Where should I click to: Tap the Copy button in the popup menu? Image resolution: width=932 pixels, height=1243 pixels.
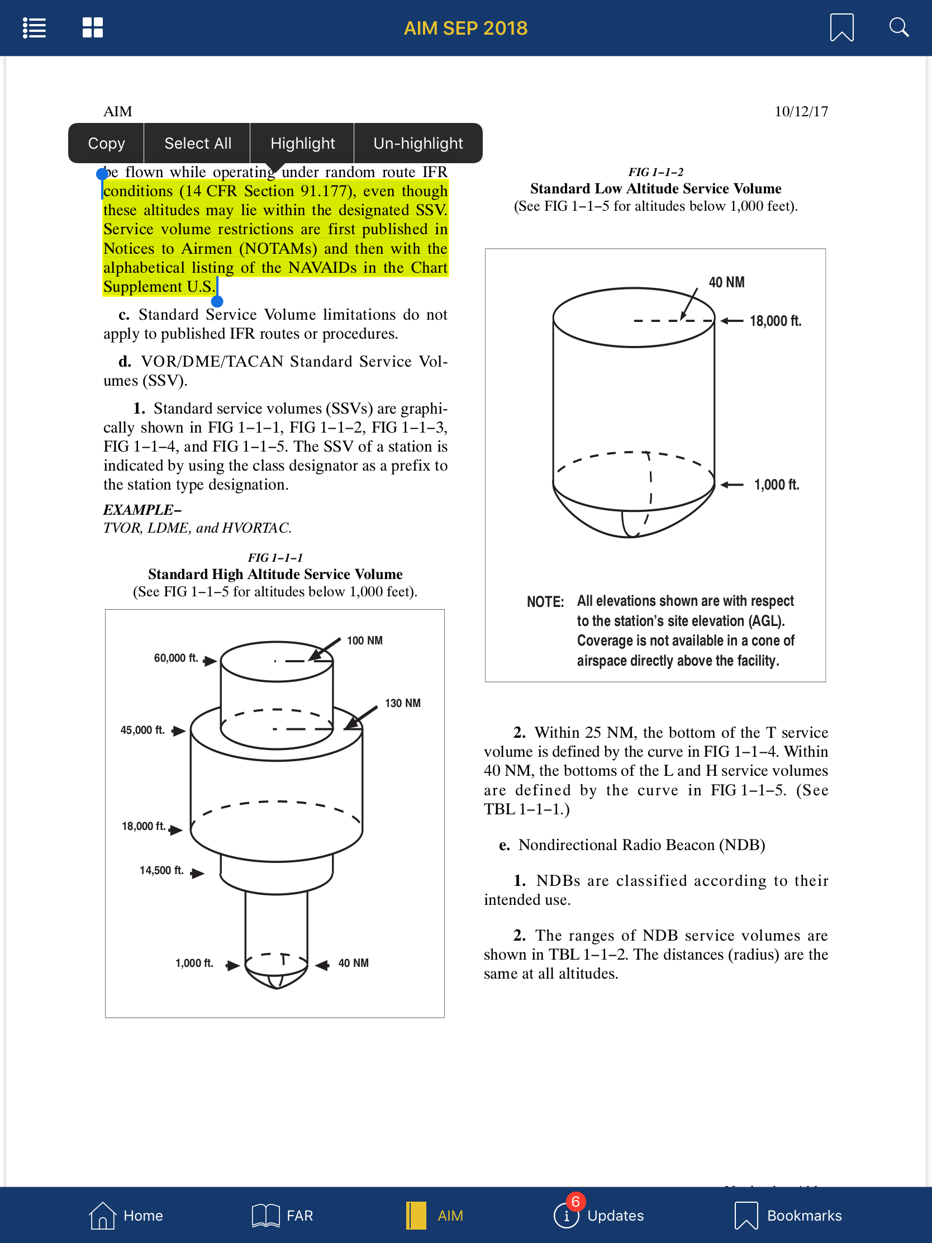coord(106,143)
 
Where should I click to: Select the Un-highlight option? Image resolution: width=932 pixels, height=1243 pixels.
coord(418,143)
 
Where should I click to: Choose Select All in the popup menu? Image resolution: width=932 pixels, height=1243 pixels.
coord(198,143)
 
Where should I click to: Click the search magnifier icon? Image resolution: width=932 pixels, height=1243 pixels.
coord(898,27)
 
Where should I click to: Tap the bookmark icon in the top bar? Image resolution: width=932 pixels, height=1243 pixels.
coord(841,27)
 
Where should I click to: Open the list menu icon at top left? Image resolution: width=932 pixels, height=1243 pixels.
coord(34,27)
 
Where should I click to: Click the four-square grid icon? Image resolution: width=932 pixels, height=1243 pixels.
coord(93,27)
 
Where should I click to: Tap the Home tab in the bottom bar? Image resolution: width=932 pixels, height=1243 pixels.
coord(126,1215)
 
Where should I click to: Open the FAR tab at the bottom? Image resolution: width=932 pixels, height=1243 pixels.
coord(283,1215)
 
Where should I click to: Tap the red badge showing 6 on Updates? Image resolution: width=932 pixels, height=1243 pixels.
coord(576,1202)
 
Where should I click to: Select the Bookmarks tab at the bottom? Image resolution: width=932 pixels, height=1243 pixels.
coord(789,1215)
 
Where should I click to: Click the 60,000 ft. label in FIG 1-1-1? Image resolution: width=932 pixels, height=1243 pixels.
coord(176,657)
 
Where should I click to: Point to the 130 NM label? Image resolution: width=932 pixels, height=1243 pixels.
coord(402,703)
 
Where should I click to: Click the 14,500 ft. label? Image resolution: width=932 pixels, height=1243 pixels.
coord(161,870)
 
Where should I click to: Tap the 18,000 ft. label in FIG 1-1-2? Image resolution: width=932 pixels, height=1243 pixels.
coord(774,321)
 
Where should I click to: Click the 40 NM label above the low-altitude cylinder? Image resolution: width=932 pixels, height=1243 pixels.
coord(726,282)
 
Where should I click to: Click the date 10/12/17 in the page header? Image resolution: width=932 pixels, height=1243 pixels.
coord(801,111)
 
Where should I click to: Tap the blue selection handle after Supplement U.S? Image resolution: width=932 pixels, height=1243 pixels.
coord(217,301)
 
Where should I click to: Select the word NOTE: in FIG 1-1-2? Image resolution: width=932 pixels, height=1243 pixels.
coord(544,602)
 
